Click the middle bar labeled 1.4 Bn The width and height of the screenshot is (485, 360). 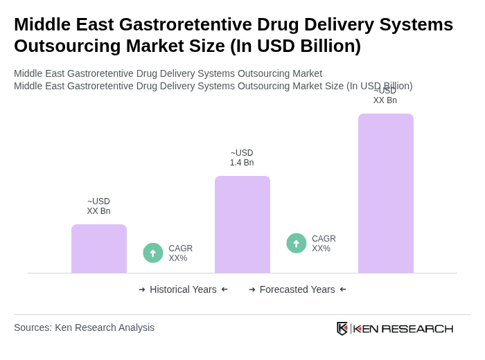coord(242,224)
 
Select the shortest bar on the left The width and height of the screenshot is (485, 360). coord(99,249)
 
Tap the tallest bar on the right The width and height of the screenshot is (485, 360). coord(386,193)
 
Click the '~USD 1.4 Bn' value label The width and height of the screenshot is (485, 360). coord(242,158)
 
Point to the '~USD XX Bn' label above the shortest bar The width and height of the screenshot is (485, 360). coord(98,206)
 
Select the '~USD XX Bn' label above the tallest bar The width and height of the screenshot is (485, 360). coord(385,96)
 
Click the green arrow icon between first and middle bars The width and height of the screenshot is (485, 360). coord(153,253)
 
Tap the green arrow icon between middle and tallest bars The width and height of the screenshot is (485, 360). coord(297,244)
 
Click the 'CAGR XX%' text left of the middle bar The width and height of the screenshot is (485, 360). coord(181,253)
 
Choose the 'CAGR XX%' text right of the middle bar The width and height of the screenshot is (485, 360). coord(324,244)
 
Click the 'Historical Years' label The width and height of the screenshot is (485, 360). coord(183,289)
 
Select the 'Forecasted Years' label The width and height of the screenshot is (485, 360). coord(297,289)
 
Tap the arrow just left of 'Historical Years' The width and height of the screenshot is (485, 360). coord(142,289)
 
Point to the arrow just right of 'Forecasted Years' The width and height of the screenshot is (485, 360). coord(343,289)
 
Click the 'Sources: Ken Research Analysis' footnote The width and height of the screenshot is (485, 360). coord(84,327)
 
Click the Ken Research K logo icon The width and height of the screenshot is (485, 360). coord(342,328)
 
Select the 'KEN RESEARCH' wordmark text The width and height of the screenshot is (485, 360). coord(403,329)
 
